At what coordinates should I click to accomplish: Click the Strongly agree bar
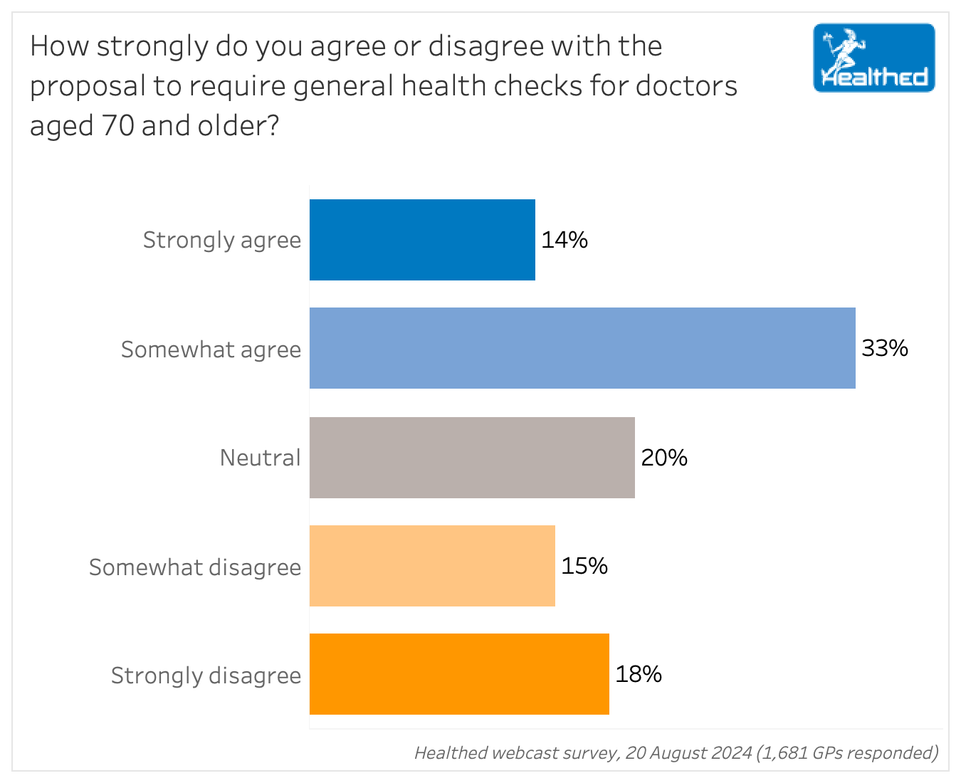coord(422,240)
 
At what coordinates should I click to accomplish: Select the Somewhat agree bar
coord(582,348)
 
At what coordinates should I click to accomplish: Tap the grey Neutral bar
coord(472,458)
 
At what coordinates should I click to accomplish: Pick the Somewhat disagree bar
coord(432,566)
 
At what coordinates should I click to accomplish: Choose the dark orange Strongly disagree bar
coord(459,674)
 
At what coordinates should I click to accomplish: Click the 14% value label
coord(564,240)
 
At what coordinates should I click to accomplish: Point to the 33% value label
coord(885,348)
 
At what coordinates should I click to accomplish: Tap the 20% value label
coord(664,458)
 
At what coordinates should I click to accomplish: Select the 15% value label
coord(584,566)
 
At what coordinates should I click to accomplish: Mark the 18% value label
coord(639,674)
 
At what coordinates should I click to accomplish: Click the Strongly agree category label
coord(222,240)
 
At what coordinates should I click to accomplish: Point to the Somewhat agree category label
coord(211,350)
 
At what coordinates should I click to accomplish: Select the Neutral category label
coord(261,458)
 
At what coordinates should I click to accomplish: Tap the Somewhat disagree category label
coord(195,567)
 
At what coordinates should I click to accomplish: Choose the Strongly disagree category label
coord(206,676)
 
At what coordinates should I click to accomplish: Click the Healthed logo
coord(874,58)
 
